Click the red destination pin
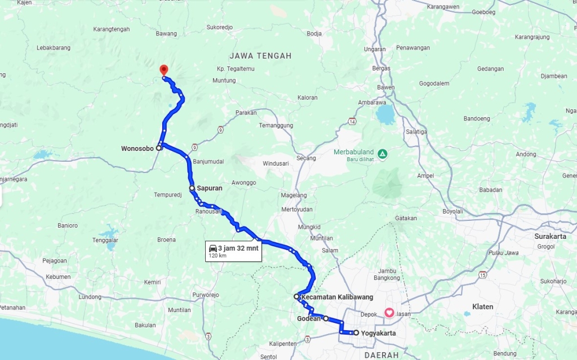pos(163,70)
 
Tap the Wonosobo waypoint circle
pos(159,148)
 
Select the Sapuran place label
pos(210,188)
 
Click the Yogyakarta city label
pos(378,333)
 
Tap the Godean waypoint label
pos(308,319)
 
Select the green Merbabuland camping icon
pos(383,153)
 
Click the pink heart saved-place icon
pos(389,313)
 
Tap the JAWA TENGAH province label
pos(260,56)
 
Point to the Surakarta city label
pos(550,237)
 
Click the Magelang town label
pos(294,195)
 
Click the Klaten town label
pos(483,307)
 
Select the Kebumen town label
pos(58,277)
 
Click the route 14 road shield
pos(352,121)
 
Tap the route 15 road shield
pos(482,275)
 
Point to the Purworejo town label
pos(205,295)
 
